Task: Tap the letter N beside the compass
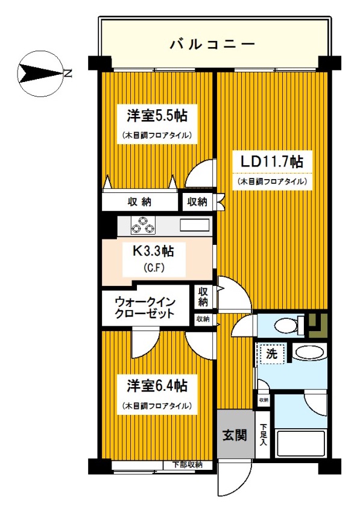[x=68, y=74]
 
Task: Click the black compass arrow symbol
[x=40, y=74]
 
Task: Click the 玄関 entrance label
[x=235, y=434]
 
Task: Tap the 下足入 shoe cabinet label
[x=263, y=434]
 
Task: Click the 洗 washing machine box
[x=271, y=353]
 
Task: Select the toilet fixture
[x=283, y=326]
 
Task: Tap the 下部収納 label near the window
[x=187, y=465]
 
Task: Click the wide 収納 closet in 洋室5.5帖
[x=140, y=201]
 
